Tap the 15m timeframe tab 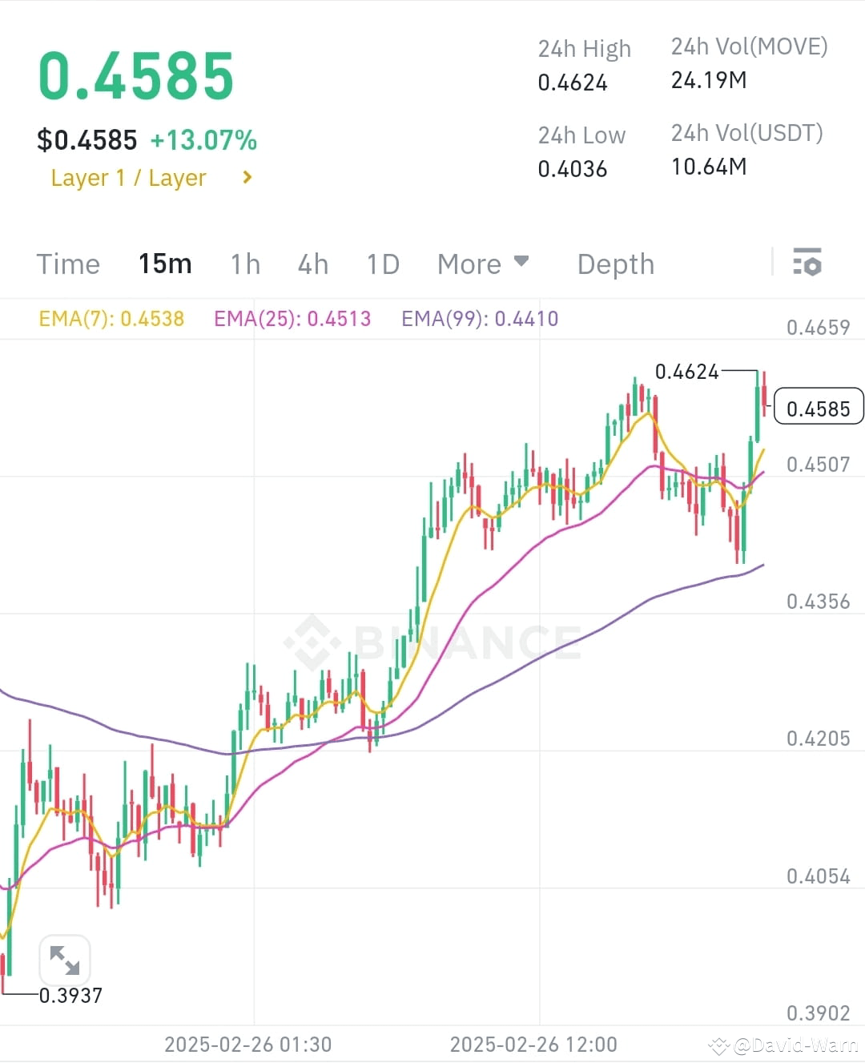[x=165, y=264]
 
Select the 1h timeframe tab [x=245, y=264]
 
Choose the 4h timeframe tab [x=312, y=264]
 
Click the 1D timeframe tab [x=383, y=264]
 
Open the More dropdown [x=483, y=264]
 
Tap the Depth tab [x=615, y=264]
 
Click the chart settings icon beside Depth [x=807, y=262]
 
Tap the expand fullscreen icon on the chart [x=65, y=960]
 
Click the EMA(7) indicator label [x=111, y=319]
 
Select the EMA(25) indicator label [x=292, y=319]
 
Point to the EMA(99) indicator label [x=480, y=319]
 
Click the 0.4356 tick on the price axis [x=818, y=602]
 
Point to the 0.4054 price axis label [x=818, y=876]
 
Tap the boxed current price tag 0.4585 [x=818, y=409]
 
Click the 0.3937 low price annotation [x=70, y=996]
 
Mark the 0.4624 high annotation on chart [x=686, y=372]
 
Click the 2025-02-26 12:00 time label [x=533, y=1045]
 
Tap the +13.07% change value [x=203, y=140]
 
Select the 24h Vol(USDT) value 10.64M [x=709, y=167]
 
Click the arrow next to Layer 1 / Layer [x=247, y=177]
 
